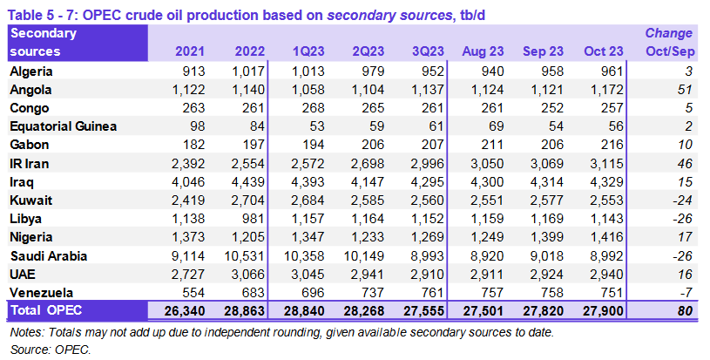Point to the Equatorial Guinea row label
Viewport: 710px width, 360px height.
click(63, 126)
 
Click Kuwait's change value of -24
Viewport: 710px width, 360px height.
click(681, 200)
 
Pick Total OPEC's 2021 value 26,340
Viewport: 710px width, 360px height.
click(180, 309)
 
